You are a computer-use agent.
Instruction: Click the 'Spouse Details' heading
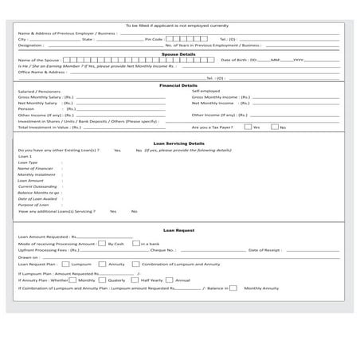point(178,53)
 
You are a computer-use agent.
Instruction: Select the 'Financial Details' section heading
point(178,84)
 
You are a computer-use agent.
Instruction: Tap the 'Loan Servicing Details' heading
point(178,143)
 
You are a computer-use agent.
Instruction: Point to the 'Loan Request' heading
point(178,229)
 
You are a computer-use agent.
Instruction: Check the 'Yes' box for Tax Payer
point(248,127)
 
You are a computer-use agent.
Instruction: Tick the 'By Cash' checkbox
point(102,243)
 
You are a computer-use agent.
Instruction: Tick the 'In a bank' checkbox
point(136,243)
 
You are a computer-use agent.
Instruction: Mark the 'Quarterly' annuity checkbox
point(100,280)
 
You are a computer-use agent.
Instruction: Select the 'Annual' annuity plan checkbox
point(169,280)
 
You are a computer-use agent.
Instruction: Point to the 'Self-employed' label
point(205,91)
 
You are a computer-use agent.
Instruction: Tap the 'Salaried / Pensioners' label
point(37,91)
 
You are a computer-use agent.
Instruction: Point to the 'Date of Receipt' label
point(264,250)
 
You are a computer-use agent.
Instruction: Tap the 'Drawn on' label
point(27,257)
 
